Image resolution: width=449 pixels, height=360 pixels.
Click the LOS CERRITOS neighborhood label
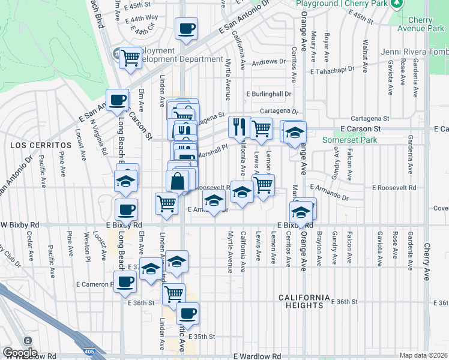point(37,145)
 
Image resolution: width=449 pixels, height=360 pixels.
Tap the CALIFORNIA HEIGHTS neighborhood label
point(305,301)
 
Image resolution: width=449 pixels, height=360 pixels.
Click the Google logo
point(20,353)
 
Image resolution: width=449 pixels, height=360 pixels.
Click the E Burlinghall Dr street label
point(269,94)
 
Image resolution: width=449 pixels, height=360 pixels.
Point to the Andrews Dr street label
point(268,61)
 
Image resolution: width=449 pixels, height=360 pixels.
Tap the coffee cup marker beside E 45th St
point(186,28)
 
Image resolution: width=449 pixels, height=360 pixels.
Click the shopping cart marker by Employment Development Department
point(130,58)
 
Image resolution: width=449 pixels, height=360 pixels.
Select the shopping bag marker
point(178,181)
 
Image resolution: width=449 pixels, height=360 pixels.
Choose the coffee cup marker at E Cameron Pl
point(125,282)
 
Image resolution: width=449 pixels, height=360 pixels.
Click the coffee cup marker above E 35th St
point(187,313)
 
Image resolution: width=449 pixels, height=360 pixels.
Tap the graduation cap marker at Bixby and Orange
point(300,212)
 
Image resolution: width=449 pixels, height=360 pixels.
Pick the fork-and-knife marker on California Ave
point(238,127)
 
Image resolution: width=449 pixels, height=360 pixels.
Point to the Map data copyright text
point(424,355)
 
